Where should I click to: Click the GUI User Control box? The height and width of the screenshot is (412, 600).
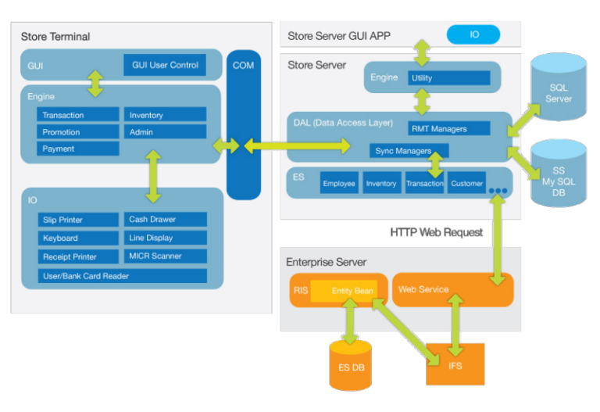point(165,65)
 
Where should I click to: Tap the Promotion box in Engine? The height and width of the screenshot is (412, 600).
point(78,132)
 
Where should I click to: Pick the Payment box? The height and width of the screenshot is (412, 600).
point(78,149)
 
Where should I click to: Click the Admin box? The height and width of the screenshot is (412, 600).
point(165,132)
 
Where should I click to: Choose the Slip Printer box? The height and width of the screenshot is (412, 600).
point(78,220)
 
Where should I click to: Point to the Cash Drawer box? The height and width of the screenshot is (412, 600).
point(165,220)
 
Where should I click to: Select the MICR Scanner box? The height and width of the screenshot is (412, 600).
point(165,256)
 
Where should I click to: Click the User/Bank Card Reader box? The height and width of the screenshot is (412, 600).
point(123,276)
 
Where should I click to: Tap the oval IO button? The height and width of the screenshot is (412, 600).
point(474,35)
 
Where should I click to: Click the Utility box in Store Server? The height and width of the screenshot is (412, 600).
point(449,78)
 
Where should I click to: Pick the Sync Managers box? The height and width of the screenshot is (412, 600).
point(409,150)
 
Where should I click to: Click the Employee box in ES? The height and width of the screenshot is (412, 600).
point(339,183)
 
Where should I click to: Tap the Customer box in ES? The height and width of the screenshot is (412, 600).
point(467,183)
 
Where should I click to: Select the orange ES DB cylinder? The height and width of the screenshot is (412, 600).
point(351,364)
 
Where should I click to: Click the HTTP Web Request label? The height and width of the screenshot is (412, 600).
point(436,232)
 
